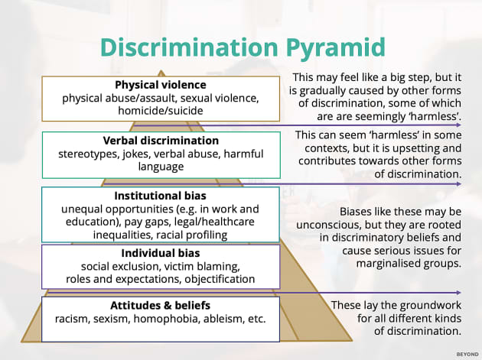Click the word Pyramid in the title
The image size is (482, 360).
pyautogui.click(x=331, y=48)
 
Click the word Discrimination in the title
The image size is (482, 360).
pyautogui.click(x=184, y=48)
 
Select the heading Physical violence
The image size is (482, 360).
pyautogui.click(x=161, y=85)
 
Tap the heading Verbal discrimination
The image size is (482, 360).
pyautogui.click(x=161, y=141)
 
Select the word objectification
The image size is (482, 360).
pyautogui.click(x=217, y=279)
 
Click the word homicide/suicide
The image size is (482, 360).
pyautogui.click(x=161, y=111)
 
